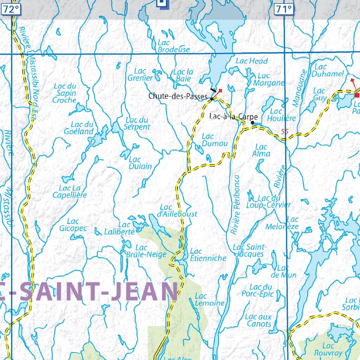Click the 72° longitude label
[x=11, y=9]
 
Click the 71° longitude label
[x=283, y=9]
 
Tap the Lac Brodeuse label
[x=173, y=46]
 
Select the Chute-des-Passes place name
[x=178, y=96]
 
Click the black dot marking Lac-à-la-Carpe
[x=252, y=123]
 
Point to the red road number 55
[x=284, y=132]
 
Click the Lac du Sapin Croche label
[x=65, y=93]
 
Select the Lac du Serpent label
[x=137, y=123]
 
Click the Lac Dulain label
[x=140, y=163]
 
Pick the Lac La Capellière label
[x=70, y=192]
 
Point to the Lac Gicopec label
[x=73, y=225]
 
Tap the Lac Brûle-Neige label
[x=141, y=251]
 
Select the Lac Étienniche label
[x=207, y=255]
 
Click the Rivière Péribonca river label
[x=235, y=205]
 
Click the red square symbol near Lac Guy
[x=357, y=95]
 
